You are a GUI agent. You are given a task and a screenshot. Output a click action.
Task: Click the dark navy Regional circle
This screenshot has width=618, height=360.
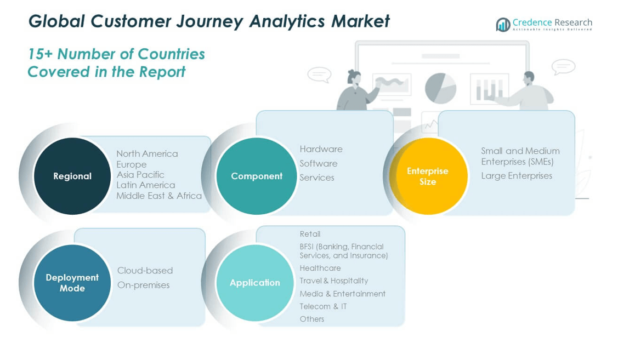coord(72,176)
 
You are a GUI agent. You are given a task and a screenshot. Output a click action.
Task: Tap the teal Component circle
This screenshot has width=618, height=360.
coord(256,176)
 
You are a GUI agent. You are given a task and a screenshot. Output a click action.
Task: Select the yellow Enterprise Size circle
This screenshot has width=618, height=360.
coord(428,176)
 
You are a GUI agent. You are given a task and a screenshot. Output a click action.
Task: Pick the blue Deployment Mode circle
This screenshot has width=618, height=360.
coord(72,283)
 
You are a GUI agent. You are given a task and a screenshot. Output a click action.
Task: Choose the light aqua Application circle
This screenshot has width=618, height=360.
coord(255,283)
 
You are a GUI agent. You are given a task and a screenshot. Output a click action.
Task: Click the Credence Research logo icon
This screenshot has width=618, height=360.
coord(502,25)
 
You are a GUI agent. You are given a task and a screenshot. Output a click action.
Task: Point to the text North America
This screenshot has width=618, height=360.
coord(147,153)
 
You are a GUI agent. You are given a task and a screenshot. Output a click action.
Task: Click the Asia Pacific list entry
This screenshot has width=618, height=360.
coord(140,174)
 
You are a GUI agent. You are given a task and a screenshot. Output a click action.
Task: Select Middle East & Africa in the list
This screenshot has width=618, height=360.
coord(159,196)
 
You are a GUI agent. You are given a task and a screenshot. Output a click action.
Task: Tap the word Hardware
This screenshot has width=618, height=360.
coord(321,149)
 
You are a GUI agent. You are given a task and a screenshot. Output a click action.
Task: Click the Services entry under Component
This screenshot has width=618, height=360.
coord(316,178)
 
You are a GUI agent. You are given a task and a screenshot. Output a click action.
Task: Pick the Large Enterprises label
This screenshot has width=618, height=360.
coord(517,175)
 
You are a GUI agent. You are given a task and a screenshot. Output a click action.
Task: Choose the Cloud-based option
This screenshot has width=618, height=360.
coord(145,270)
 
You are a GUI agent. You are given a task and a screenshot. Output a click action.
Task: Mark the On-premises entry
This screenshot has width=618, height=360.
coord(143,285)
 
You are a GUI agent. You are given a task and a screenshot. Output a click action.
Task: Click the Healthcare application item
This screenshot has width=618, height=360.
coord(320,268)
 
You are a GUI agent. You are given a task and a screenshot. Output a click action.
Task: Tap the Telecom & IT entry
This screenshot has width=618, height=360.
coord(323,306)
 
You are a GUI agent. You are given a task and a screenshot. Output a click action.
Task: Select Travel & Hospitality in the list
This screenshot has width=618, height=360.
coord(333,281)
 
